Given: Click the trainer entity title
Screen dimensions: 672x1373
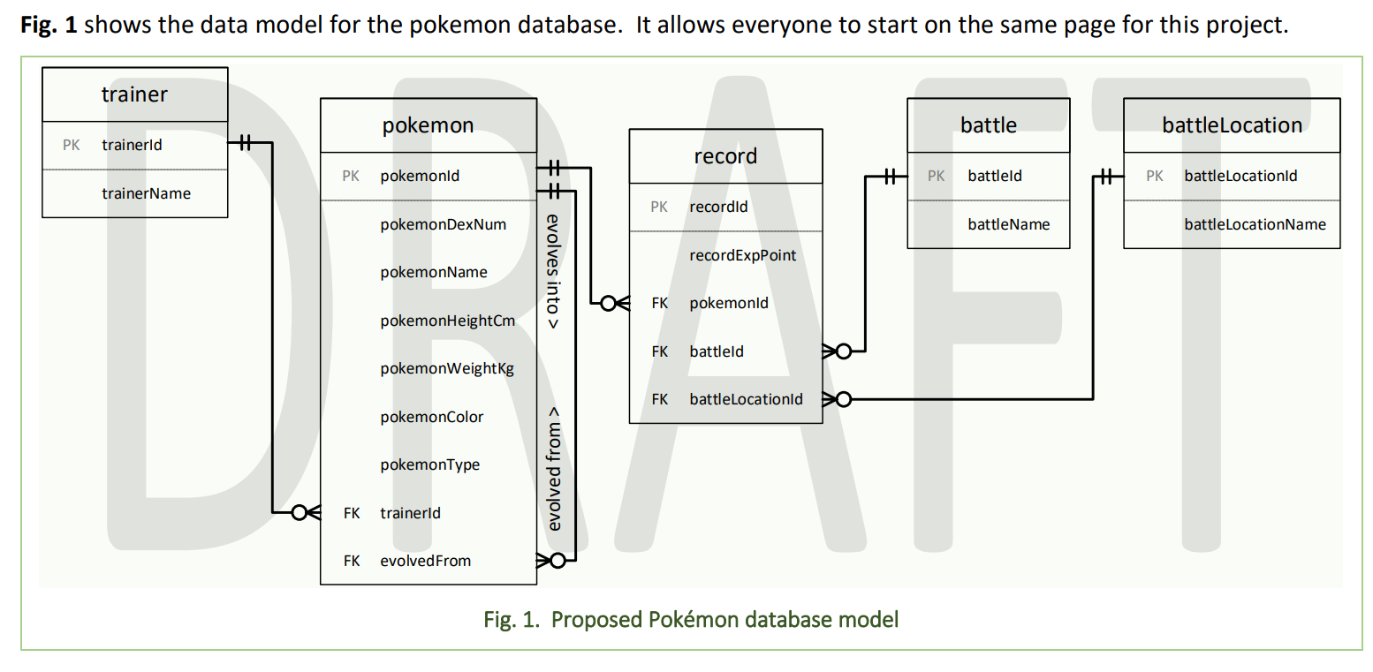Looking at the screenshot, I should coord(134,94).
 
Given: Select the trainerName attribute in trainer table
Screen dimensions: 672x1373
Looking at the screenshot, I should coord(146,193).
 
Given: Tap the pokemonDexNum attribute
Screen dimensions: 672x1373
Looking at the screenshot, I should coord(443,224).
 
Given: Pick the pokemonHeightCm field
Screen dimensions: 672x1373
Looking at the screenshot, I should coord(447,321).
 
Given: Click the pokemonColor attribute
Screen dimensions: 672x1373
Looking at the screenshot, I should coord(431,417).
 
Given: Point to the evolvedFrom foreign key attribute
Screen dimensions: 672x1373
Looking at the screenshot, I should coord(425,561).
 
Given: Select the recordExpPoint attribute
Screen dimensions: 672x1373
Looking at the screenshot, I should coord(742,255).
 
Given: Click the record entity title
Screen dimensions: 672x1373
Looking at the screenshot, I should coord(725,156).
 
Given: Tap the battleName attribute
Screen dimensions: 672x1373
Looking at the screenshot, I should coord(1008,224).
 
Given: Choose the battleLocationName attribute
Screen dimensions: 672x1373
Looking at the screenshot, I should coord(1255,224).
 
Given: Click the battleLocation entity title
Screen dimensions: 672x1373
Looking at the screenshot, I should coord(1232,125).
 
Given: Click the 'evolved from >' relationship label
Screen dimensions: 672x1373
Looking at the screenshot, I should coord(554,469).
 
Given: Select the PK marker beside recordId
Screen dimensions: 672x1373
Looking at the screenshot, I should coord(659,207).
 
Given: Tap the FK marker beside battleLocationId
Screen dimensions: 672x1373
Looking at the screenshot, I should coord(659,399).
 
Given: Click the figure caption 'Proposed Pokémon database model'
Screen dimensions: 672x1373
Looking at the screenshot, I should coord(690,619).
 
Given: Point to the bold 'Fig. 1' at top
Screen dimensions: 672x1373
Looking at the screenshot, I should coord(49,25).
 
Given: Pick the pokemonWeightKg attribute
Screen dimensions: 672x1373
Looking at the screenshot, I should coord(447,368).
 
